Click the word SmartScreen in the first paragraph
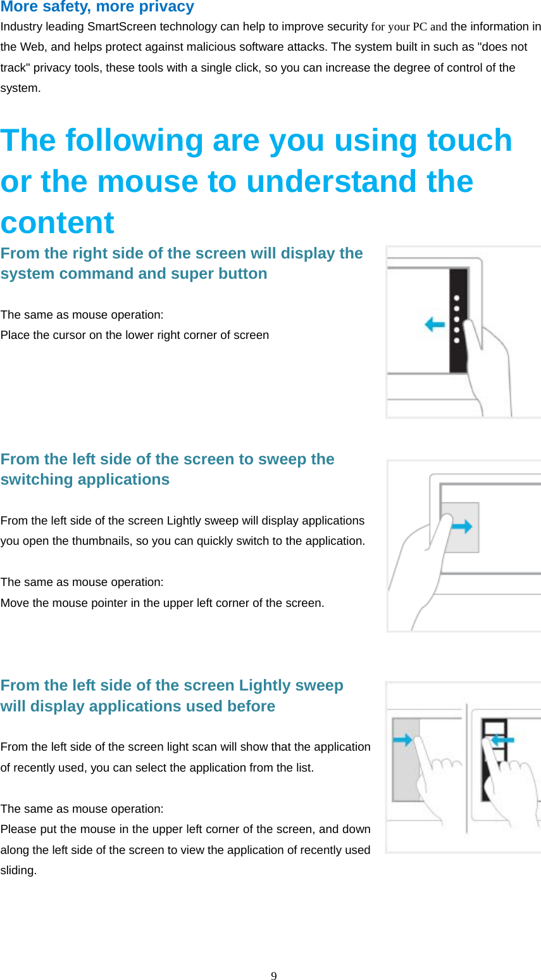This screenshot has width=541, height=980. (121, 27)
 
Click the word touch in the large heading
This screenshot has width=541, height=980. (469, 140)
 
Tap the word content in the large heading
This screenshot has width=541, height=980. (58, 223)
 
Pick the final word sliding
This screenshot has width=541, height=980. (18, 870)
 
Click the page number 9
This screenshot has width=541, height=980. (274, 976)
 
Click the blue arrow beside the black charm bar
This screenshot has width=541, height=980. (435, 325)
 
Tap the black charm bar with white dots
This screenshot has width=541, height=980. (458, 320)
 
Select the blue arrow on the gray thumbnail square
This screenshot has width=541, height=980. (462, 526)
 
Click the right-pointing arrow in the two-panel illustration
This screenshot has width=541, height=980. (403, 739)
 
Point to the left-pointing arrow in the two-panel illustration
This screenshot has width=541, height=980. (502, 739)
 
